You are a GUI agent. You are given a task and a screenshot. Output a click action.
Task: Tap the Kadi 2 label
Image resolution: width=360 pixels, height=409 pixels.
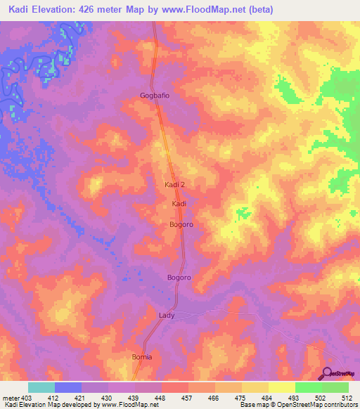(x=174, y=184)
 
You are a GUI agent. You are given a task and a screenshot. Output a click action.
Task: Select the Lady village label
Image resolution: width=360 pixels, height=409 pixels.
(x=166, y=316)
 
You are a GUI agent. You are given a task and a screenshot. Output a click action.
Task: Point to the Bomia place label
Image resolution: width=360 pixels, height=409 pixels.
(x=142, y=357)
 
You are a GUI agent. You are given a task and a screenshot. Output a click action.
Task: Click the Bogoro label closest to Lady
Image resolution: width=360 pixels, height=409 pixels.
(x=179, y=278)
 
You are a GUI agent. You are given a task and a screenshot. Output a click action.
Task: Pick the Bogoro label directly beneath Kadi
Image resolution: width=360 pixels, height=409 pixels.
(x=181, y=225)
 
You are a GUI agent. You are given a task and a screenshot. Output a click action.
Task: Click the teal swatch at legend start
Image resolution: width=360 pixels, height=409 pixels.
(x=41, y=388)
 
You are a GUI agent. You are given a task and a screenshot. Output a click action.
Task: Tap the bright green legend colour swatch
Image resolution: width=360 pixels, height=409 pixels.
(x=335, y=388)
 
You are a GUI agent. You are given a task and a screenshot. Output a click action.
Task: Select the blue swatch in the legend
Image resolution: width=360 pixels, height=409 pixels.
(x=68, y=388)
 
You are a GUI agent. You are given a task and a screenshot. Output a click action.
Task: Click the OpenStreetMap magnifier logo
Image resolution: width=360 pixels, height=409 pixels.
(x=328, y=374)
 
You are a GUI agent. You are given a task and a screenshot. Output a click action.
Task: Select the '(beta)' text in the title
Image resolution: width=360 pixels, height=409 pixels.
(x=259, y=10)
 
